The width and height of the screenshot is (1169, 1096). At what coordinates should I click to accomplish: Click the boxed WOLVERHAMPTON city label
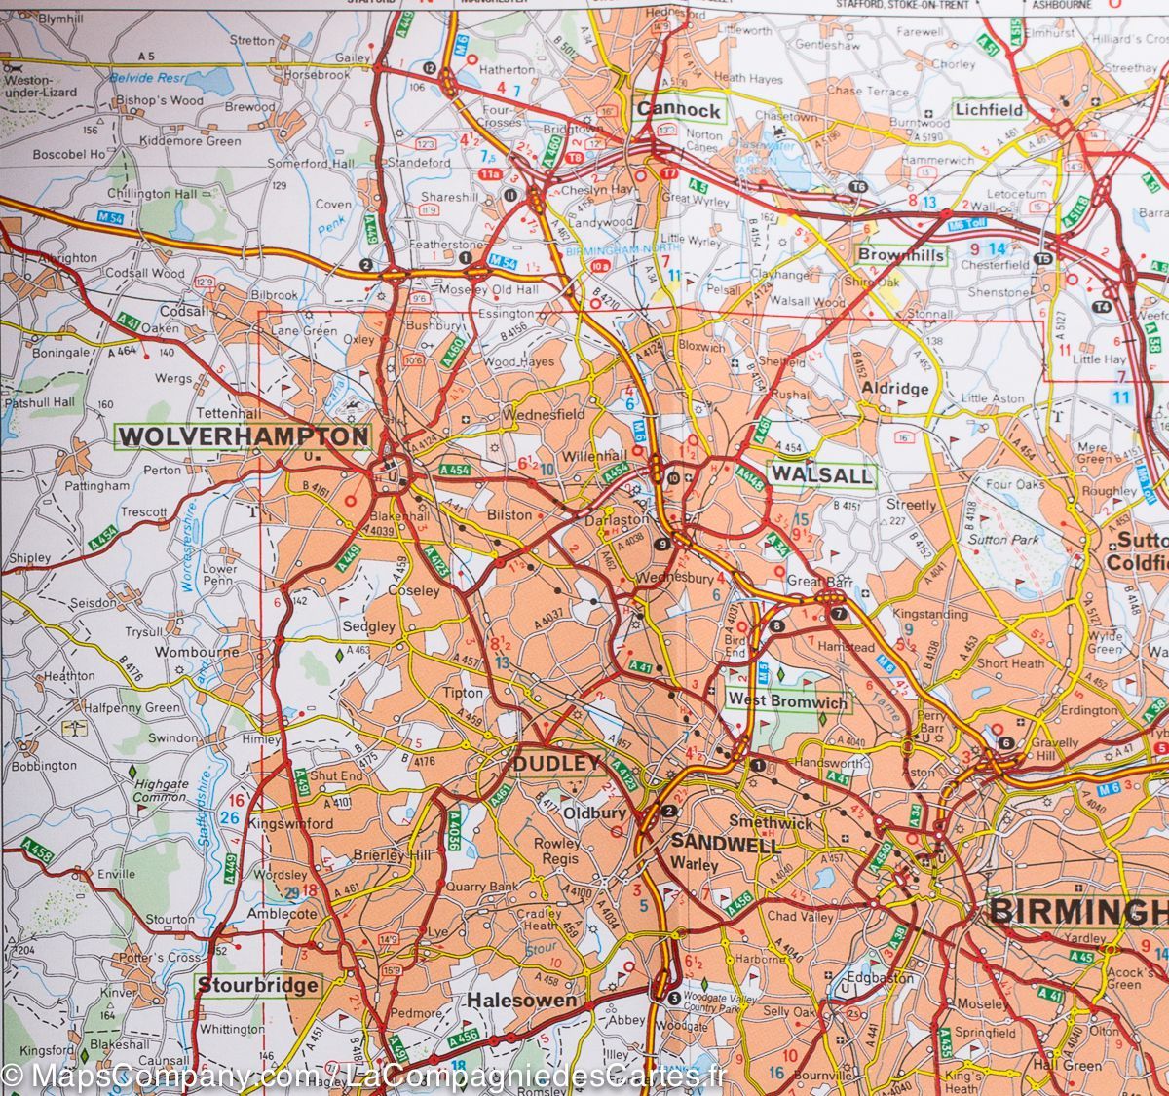click(243, 436)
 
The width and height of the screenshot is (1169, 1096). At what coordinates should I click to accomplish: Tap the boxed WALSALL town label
click(822, 475)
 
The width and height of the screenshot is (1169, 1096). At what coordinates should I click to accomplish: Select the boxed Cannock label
click(679, 110)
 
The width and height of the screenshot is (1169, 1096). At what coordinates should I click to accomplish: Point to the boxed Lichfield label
click(989, 110)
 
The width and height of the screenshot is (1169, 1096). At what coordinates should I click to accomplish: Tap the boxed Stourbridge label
click(257, 985)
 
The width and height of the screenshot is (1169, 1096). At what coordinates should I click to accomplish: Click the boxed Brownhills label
click(901, 255)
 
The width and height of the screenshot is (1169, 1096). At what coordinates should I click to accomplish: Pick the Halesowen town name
click(521, 1001)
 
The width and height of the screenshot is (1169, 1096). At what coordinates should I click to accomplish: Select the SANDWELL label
click(726, 845)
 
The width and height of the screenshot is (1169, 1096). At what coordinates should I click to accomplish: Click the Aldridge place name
click(895, 388)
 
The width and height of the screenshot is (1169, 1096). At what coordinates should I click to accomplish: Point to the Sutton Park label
click(1003, 539)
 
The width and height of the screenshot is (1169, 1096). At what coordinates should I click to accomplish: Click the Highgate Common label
click(161, 790)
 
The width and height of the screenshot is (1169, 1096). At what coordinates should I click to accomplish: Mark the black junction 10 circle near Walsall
click(673, 477)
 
